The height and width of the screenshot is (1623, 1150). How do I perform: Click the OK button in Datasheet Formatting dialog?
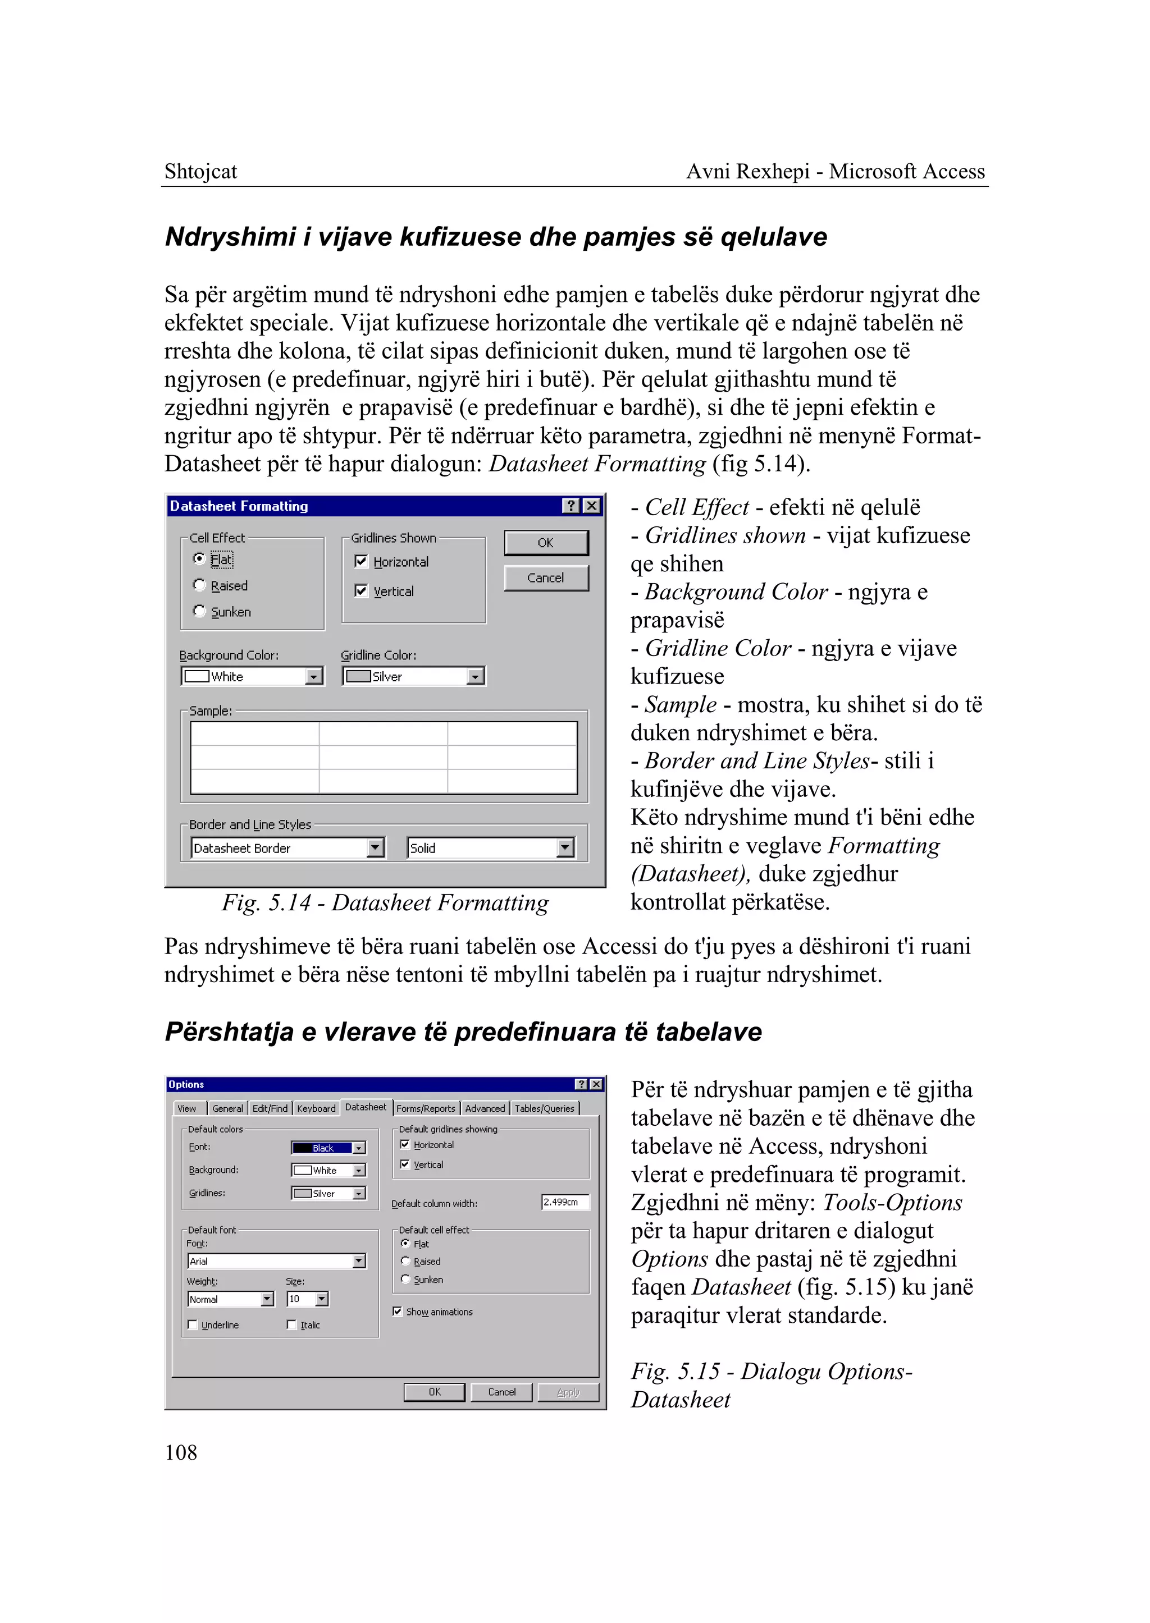click(545, 543)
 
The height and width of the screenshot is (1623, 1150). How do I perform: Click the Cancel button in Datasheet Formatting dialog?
click(545, 577)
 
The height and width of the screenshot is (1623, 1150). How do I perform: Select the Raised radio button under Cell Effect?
click(200, 585)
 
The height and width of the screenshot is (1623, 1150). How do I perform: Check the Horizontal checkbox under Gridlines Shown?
click(361, 561)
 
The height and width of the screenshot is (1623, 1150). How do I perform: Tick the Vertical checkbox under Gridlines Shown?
click(361, 590)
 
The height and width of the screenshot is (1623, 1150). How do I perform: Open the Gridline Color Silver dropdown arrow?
click(475, 677)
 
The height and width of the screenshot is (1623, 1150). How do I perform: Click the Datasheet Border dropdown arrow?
click(375, 847)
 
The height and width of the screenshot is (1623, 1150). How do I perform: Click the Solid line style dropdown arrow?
click(564, 847)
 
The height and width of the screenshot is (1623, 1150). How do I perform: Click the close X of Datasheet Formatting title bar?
click(591, 506)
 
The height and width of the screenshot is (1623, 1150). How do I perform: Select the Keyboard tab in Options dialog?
click(316, 1108)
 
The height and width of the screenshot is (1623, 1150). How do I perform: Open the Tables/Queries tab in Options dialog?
click(544, 1108)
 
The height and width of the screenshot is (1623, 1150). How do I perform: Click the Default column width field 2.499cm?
click(564, 1202)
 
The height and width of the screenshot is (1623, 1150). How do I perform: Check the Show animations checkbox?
click(397, 1312)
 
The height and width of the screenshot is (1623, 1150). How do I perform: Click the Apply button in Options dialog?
click(568, 1392)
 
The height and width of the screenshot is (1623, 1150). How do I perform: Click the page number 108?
click(181, 1453)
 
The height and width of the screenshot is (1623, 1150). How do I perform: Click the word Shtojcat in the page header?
click(200, 171)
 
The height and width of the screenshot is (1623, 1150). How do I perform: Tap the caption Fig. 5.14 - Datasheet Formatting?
click(385, 903)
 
